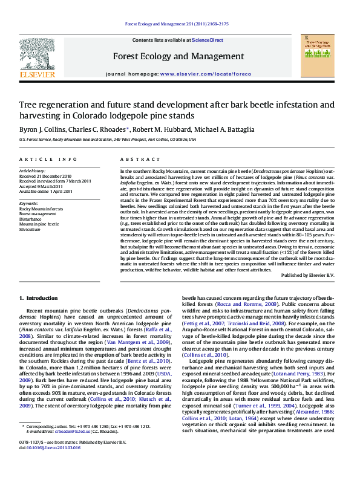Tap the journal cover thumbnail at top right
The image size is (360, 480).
coord(317,57)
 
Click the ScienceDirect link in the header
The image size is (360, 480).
coord(208,40)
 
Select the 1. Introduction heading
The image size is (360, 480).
coord(38,298)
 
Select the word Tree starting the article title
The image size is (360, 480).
coord(28,105)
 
